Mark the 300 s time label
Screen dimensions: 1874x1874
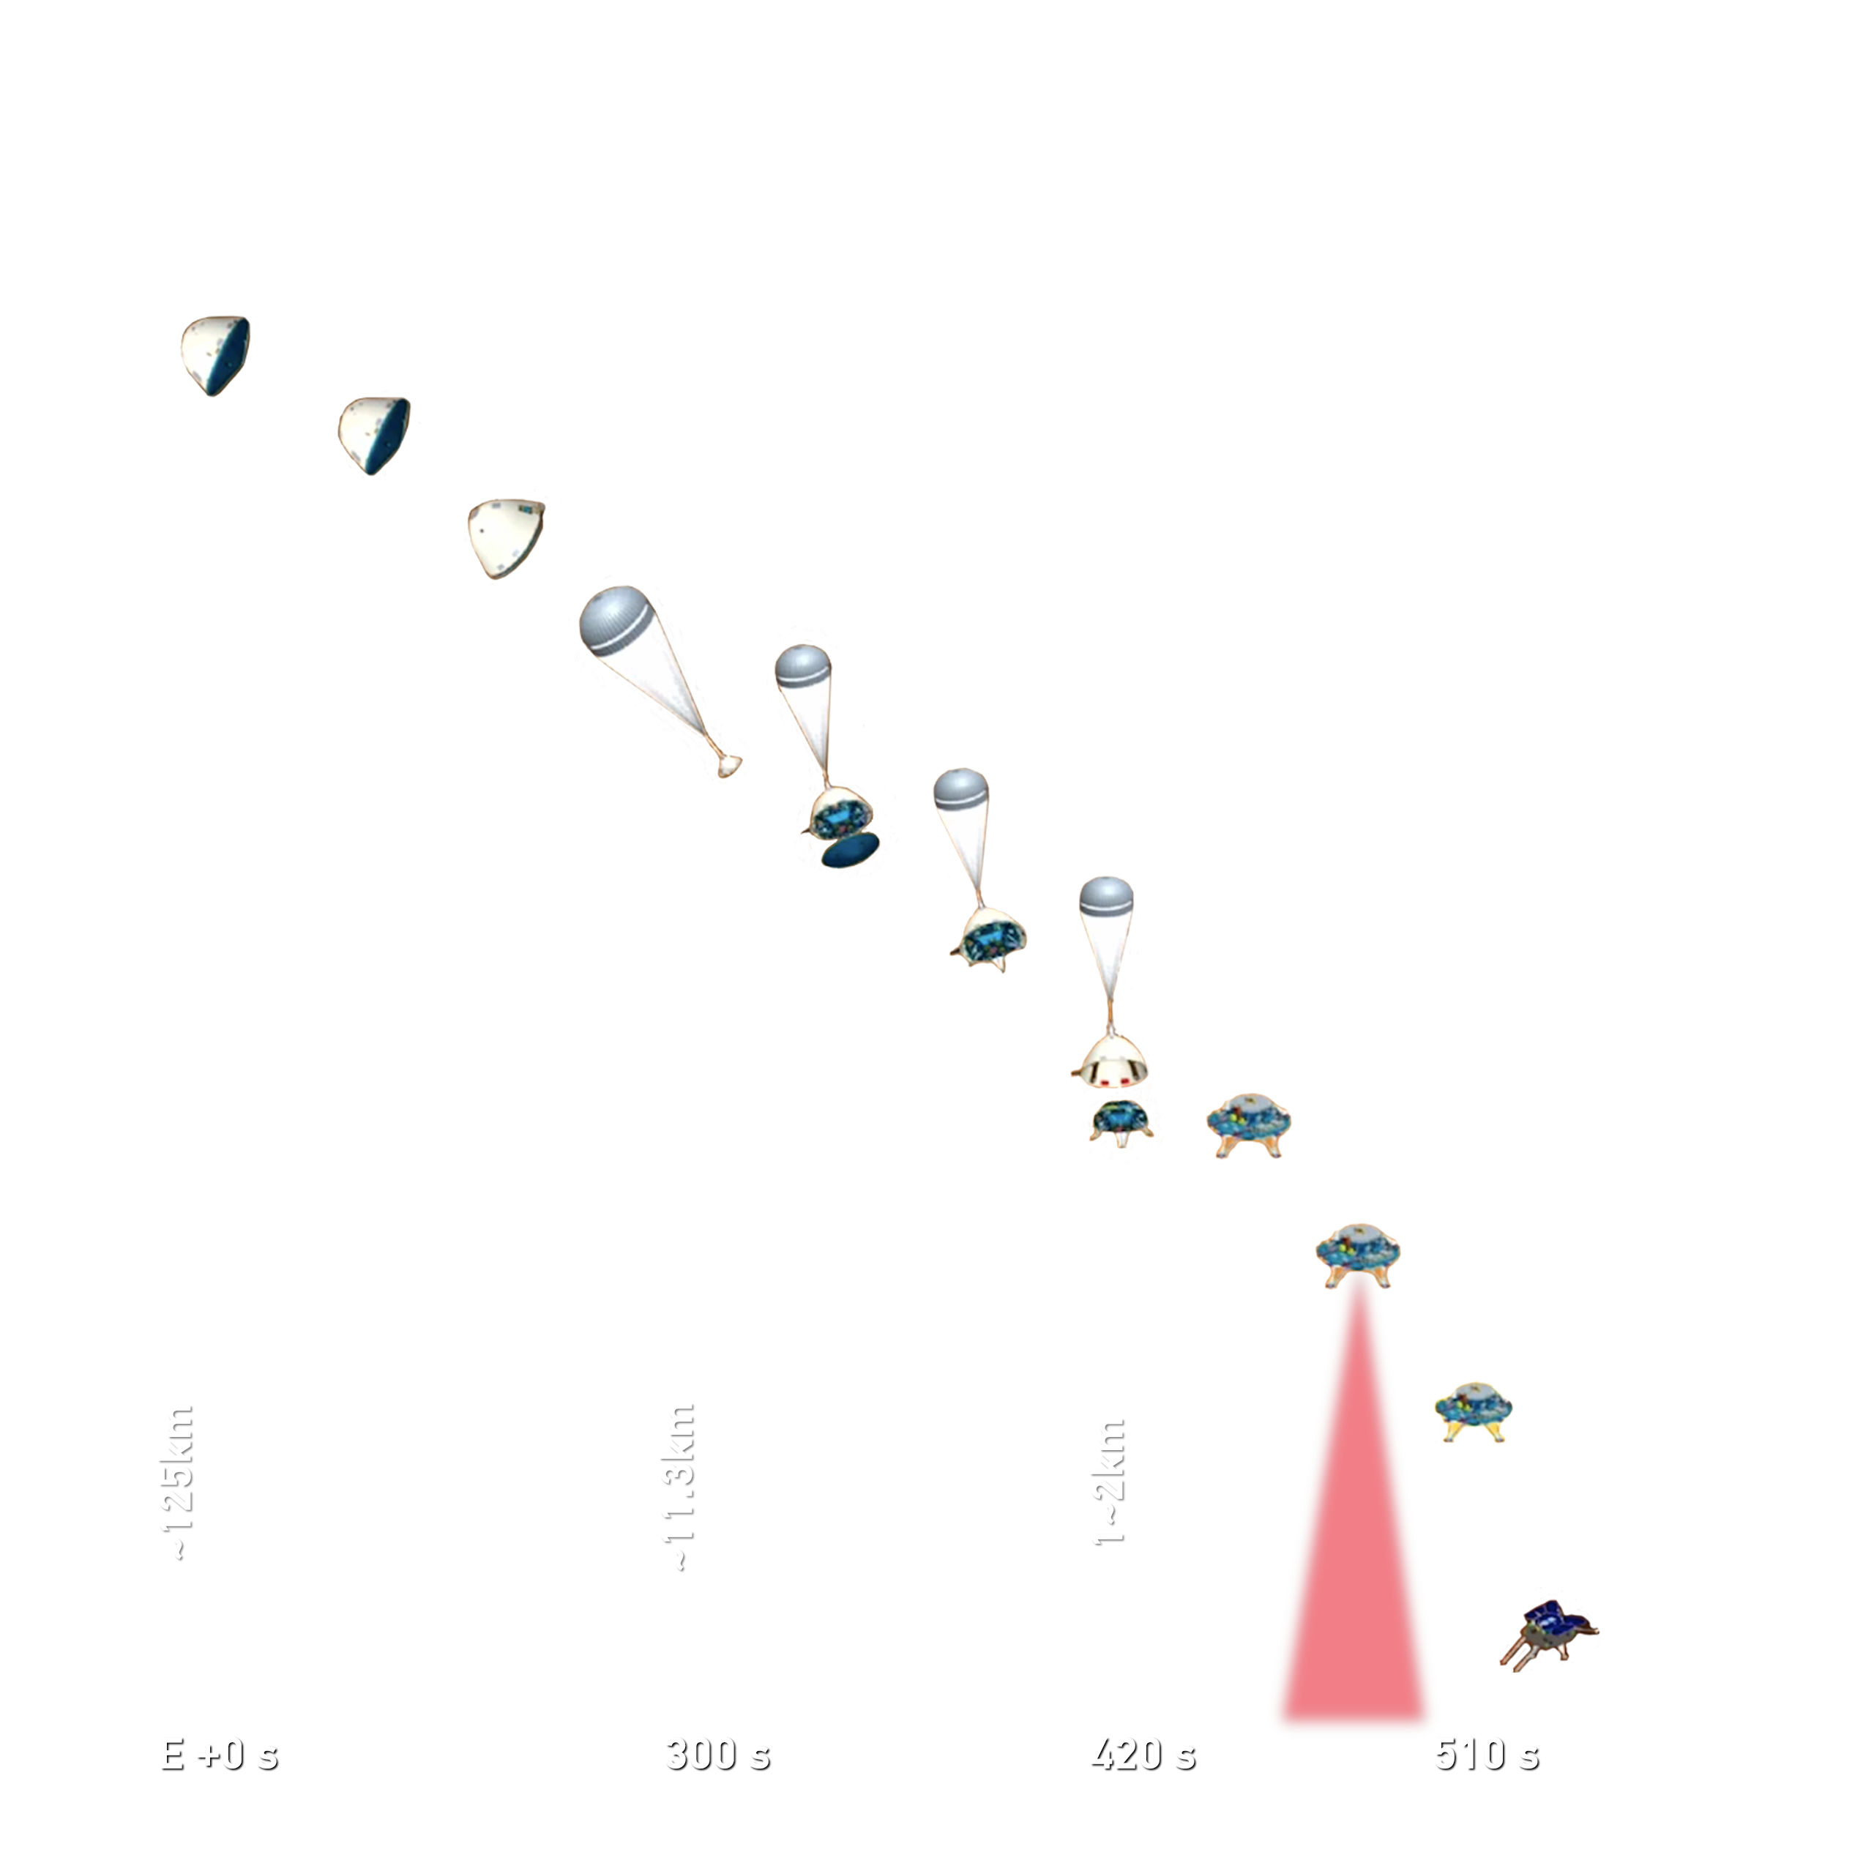click(718, 1754)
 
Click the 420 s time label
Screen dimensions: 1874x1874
click(1143, 1754)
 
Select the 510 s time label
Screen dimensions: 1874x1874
click(1487, 1754)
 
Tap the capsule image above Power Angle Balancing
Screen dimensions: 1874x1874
click(215, 355)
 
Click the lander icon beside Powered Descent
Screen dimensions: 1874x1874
click(1248, 1125)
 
